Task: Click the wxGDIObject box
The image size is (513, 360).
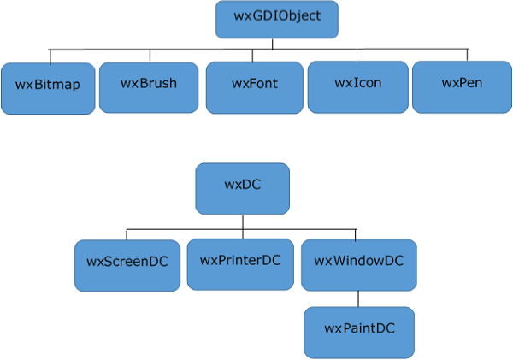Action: (276, 19)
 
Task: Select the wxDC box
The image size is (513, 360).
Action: (242, 188)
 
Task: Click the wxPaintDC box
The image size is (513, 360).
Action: (359, 332)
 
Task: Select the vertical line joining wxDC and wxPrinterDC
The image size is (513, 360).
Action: (243, 227)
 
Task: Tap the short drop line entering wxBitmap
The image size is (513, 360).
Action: (50, 56)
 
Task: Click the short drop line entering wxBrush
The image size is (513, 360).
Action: (150, 56)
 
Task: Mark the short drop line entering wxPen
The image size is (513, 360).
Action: (468, 55)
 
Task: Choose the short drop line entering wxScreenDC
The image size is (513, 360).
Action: (127, 234)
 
